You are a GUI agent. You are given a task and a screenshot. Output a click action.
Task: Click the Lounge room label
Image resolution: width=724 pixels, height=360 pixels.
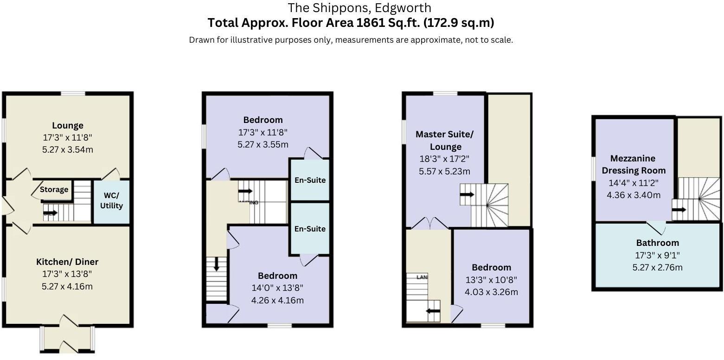click(68, 125)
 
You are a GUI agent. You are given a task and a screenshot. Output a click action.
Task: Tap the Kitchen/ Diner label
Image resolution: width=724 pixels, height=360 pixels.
click(67, 262)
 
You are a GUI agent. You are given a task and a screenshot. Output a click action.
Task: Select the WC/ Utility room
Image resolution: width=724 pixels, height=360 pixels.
click(112, 200)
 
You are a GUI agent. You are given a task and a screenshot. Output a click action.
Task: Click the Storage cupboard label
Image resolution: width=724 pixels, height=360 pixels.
click(54, 189)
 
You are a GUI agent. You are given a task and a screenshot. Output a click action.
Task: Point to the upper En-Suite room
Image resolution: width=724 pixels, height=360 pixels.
click(310, 180)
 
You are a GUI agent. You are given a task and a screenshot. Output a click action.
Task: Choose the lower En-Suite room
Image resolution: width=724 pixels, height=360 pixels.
click(310, 229)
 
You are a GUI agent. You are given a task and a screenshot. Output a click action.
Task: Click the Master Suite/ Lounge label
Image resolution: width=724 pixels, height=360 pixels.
click(445, 141)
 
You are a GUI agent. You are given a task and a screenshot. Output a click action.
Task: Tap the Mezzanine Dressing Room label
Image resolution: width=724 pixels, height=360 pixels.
click(634, 164)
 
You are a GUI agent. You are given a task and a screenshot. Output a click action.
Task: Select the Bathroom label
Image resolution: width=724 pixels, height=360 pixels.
click(657, 243)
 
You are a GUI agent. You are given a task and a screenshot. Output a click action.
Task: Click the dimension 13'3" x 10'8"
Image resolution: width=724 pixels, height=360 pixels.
click(491, 280)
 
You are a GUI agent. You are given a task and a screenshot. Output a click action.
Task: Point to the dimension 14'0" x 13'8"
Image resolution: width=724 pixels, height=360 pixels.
click(277, 288)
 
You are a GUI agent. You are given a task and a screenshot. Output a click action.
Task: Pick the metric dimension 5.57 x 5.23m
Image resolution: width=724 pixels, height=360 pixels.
click(445, 171)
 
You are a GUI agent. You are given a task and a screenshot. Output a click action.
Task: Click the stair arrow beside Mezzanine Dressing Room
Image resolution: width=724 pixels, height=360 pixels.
click(679, 210)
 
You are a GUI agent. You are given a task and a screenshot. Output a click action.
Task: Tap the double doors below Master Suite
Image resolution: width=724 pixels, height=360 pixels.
click(429, 224)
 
